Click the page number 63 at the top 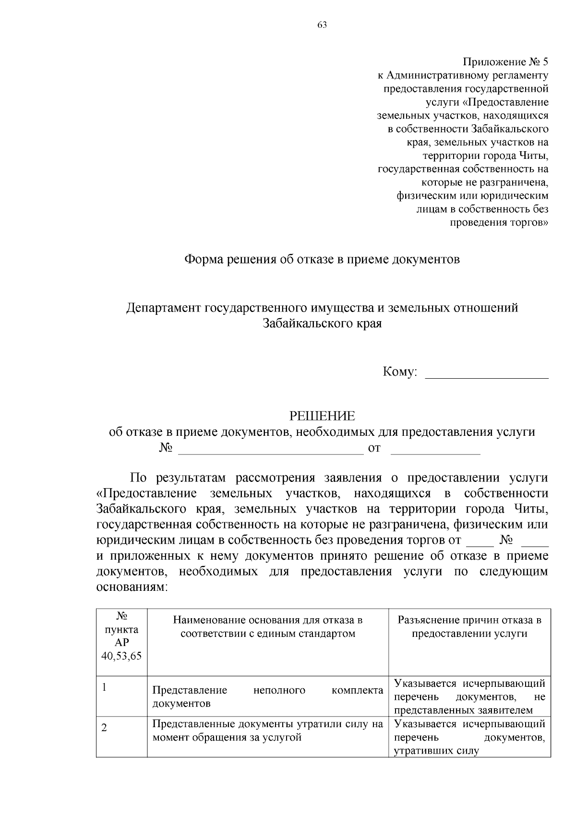click(322, 25)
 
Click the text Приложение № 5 click(505, 62)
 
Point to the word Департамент click(164, 308)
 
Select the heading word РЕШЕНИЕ click(322, 416)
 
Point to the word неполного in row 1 click(279, 690)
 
